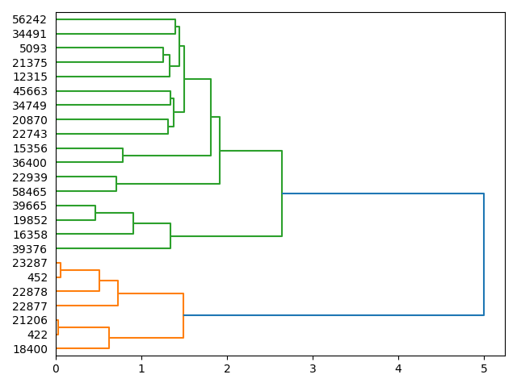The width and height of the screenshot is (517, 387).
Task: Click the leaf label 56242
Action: [x=30, y=19]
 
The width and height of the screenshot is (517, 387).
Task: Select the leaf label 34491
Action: [x=30, y=34]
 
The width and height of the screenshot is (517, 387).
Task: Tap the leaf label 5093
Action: [x=33, y=48]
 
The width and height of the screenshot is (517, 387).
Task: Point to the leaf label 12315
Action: [x=30, y=77]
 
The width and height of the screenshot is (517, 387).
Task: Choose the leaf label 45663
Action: [x=30, y=91]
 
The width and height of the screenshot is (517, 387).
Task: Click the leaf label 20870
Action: [x=30, y=120]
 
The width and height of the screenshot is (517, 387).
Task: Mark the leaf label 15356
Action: [x=30, y=148]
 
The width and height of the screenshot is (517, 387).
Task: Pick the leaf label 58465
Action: [x=30, y=192]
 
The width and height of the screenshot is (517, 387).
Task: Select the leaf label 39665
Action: [x=30, y=206]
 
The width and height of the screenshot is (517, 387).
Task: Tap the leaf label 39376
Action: [x=30, y=249]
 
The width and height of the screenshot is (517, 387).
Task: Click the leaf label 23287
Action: [x=30, y=264]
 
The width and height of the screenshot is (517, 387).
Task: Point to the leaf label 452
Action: [x=37, y=277]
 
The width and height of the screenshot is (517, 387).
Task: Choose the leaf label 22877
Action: [x=30, y=306]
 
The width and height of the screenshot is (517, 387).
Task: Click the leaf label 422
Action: [x=37, y=335]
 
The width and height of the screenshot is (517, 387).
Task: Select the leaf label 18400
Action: [x=30, y=349]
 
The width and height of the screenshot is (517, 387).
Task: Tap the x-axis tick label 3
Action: [x=313, y=368]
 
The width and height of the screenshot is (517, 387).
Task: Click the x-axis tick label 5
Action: [x=484, y=368]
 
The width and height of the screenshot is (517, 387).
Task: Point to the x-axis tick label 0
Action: [x=56, y=368]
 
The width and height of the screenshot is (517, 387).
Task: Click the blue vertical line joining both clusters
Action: [x=484, y=254]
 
